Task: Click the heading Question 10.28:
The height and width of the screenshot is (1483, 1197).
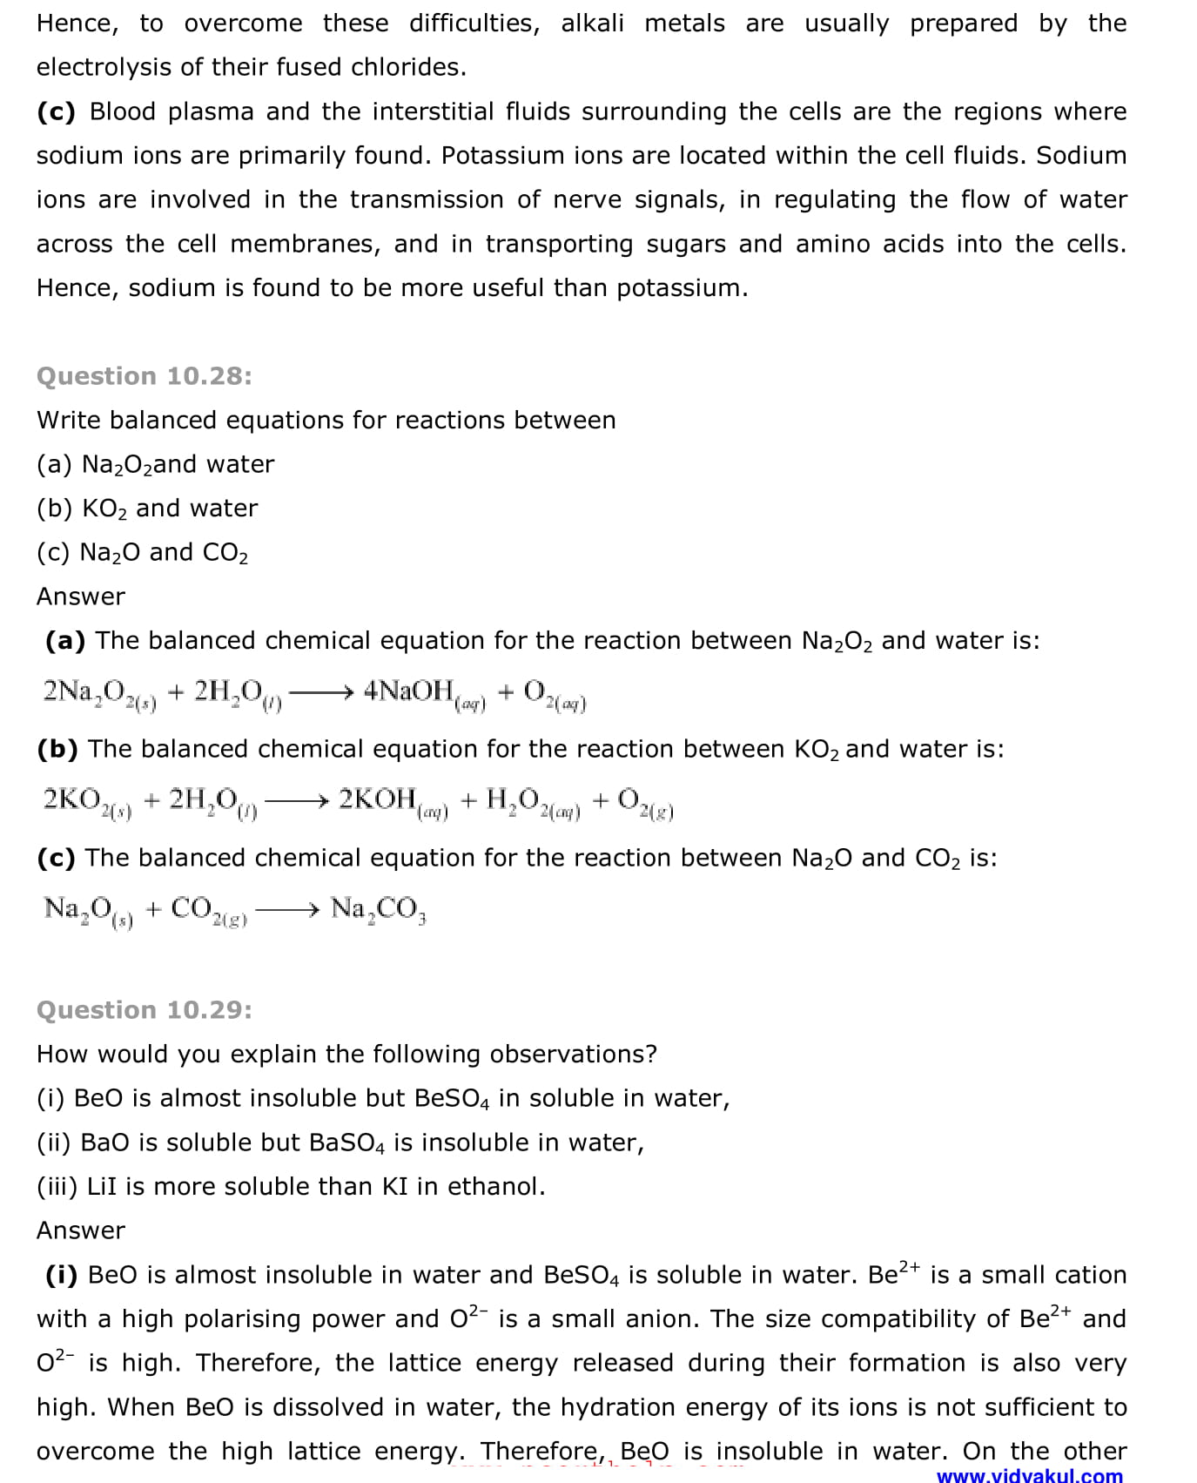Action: pyautogui.click(x=145, y=376)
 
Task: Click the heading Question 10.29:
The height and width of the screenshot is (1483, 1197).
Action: pyautogui.click(x=145, y=1010)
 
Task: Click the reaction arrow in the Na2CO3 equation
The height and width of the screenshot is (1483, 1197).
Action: pyautogui.click(x=288, y=910)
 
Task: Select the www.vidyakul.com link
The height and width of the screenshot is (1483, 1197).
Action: pyautogui.click(x=1029, y=1475)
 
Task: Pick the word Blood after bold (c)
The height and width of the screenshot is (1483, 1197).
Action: pyautogui.click(x=123, y=111)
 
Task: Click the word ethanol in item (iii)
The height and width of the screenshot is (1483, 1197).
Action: pyautogui.click(x=496, y=1187)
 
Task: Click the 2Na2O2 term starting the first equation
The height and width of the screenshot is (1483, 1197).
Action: pyautogui.click(x=98, y=693)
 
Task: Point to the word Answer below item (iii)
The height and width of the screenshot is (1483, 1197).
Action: pyautogui.click(x=81, y=1230)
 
